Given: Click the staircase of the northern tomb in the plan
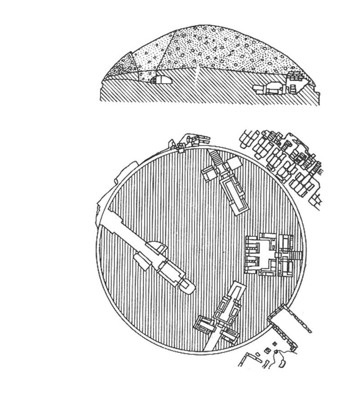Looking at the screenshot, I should [x=216, y=158].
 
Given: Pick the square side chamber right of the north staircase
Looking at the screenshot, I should [x=235, y=165].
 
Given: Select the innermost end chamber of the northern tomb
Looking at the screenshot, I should [x=239, y=205].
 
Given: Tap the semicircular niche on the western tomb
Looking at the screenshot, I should [x=156, y=247].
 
